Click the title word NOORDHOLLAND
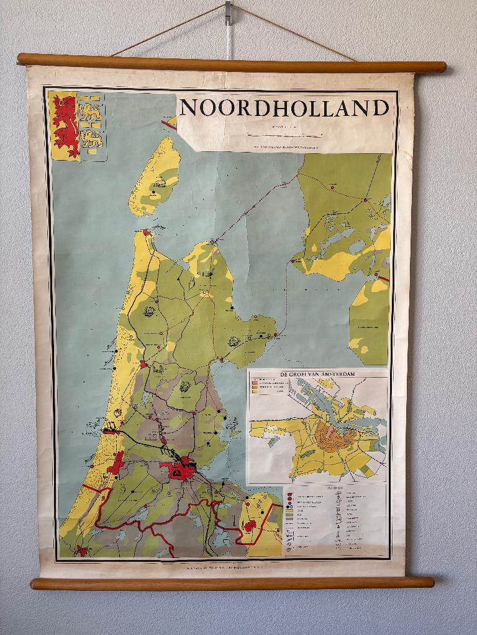(284, 107)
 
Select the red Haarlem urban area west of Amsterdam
(116, 463)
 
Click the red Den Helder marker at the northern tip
(146, 233)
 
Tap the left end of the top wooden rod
(22, 59)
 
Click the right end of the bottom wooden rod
(430, 582)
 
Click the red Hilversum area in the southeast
(250, 526)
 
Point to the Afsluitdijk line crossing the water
(255, 208)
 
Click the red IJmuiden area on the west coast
(110, 429)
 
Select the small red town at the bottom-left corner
(81, 550)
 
